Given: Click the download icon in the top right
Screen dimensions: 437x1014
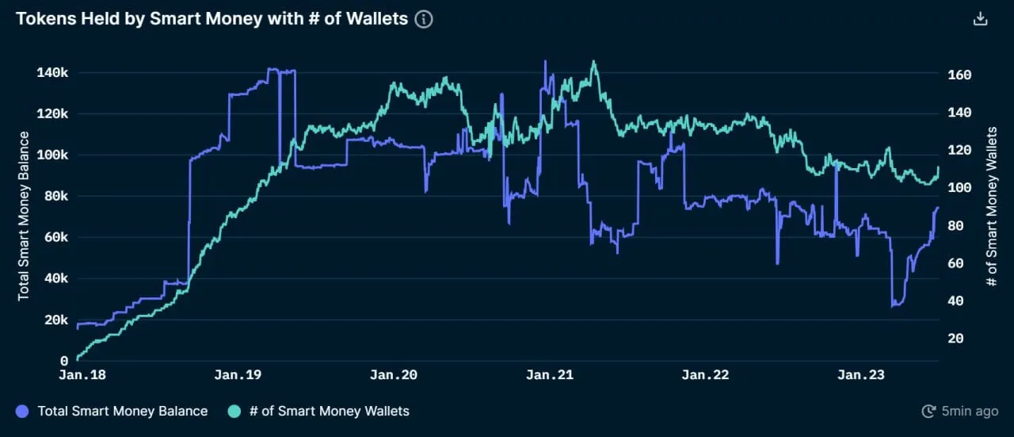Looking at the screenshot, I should pyautogui.click(x=981, y=19).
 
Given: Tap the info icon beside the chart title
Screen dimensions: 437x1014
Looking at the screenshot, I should pyautogui.click(x=424, y=19).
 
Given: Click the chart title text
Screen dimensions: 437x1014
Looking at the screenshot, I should pyautogui.click(x=212, y=19).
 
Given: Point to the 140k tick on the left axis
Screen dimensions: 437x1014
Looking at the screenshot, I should pyautogui.click(x=53, y=73).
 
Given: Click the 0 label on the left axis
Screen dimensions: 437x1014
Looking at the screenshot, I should pyautogui.click(x=65, y=361).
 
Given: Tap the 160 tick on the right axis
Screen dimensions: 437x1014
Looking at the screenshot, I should pyautogui.click(x=959, y=75).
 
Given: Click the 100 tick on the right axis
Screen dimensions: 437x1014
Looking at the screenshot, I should pyautogui.click(x=959, y=188).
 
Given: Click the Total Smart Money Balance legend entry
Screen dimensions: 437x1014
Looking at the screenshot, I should pyautogui.click(x=122, y=411).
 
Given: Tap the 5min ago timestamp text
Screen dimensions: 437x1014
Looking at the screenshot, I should pyautogui.click(x=970, y=411).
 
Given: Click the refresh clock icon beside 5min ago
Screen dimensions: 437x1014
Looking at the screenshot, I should pyautogui.click(x=929, y=411).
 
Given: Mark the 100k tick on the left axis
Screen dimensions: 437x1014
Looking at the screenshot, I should pyautogui.click(x=53, y=155).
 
